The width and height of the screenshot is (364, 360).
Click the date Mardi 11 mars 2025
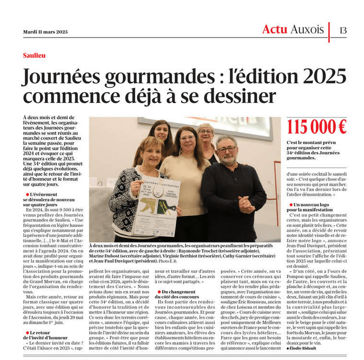coord(45,31)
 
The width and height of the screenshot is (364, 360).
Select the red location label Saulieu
coord(34,55)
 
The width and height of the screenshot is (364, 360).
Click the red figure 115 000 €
coord(316,127)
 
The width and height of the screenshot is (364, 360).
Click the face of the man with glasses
coord(227,148)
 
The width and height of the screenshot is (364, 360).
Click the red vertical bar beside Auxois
coord(329,31)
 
